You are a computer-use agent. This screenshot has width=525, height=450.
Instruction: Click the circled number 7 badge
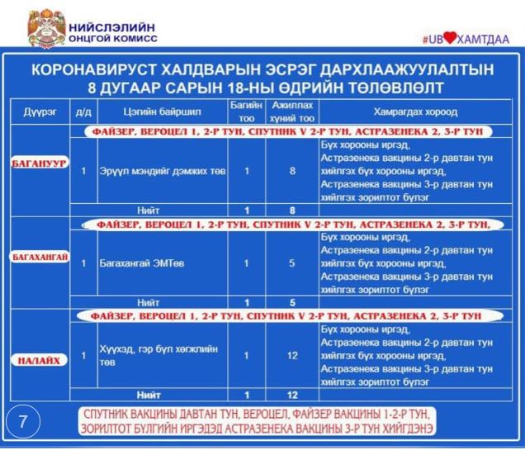(23, 422)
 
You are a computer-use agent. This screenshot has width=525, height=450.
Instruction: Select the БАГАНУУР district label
(39, 164)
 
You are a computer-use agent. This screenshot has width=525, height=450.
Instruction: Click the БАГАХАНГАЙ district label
(39, 258)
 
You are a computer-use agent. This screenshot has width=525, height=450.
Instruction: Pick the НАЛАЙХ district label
(39, 360)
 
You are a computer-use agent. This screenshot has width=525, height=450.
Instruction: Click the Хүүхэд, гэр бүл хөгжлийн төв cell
(156, 356)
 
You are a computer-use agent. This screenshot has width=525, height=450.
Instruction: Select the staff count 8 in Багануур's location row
(292, 171)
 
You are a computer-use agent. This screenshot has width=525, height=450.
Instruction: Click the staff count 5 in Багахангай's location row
(292, 263)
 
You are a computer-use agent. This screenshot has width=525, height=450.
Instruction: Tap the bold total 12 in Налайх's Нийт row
(292, 395)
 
